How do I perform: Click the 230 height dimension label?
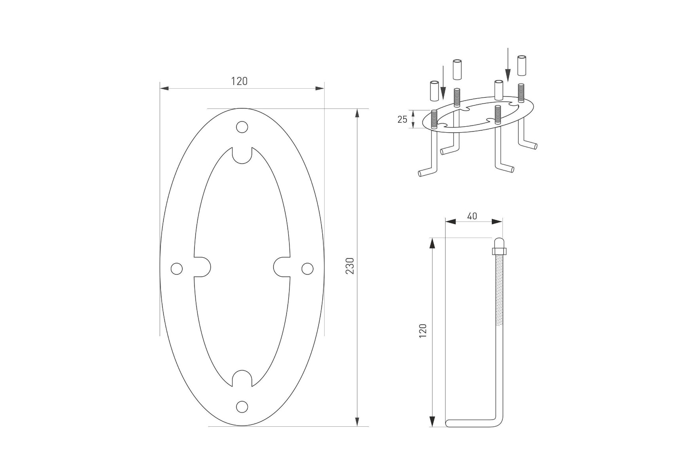350,266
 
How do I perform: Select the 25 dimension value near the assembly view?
402,119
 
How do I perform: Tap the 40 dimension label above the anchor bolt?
472,216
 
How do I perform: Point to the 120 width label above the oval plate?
239,81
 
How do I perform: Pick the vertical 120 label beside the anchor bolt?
423,331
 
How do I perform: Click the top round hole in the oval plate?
242,127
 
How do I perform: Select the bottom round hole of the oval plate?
242,407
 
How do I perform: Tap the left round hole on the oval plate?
177,269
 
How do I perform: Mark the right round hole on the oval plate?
307,269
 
